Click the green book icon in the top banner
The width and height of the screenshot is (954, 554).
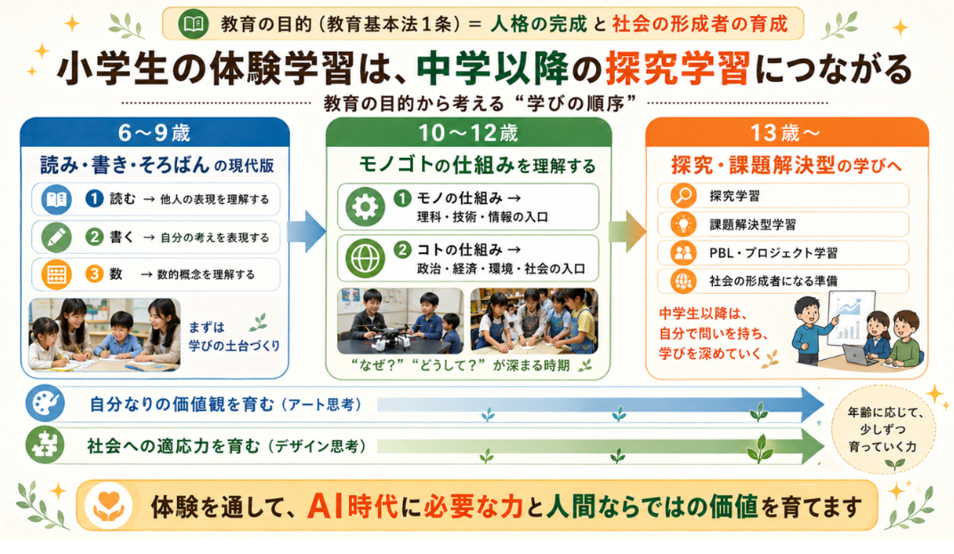point(193,24)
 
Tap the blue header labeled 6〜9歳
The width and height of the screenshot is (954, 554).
point(155,132)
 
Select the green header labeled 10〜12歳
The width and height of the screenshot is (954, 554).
point(468,132)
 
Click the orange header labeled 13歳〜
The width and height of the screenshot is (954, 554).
point(786,132)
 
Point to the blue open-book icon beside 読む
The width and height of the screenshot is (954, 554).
point(57,200)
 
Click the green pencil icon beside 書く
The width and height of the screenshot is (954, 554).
point(57,237)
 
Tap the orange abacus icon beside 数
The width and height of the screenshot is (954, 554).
point(57,274)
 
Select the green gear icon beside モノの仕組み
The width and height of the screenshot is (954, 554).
point(365,207)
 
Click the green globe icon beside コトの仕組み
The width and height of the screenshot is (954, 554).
point(365,258)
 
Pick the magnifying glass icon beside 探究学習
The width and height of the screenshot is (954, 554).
point(683,196)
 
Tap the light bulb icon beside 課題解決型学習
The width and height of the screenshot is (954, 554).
point(683,224)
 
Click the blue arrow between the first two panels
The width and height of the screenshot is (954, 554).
point(306,232)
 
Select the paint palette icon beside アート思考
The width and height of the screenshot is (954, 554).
point(45,403)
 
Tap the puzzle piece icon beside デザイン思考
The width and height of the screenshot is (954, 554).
point(45,445)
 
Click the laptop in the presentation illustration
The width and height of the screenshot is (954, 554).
point(860,354)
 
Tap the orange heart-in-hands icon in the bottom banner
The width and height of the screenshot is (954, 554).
point(109,505)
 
